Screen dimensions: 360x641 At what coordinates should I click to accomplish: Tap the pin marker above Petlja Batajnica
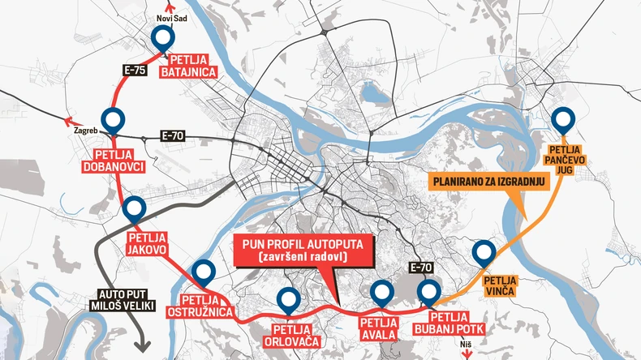tap(164, 37)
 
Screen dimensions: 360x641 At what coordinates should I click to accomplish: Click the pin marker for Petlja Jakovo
tap(135, 210)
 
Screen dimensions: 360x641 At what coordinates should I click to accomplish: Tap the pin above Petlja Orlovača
tap(287, 300)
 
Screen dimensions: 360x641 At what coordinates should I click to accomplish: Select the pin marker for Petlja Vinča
tap(484, 252)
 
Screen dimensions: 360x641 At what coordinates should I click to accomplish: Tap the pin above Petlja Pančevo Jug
tap(563, 120)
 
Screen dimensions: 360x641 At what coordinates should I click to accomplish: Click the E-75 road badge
tap(136, 71)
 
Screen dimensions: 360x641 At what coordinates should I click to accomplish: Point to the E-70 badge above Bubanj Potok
tap(423, 267)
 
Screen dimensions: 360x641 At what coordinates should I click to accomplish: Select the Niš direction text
tap(465, 345)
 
